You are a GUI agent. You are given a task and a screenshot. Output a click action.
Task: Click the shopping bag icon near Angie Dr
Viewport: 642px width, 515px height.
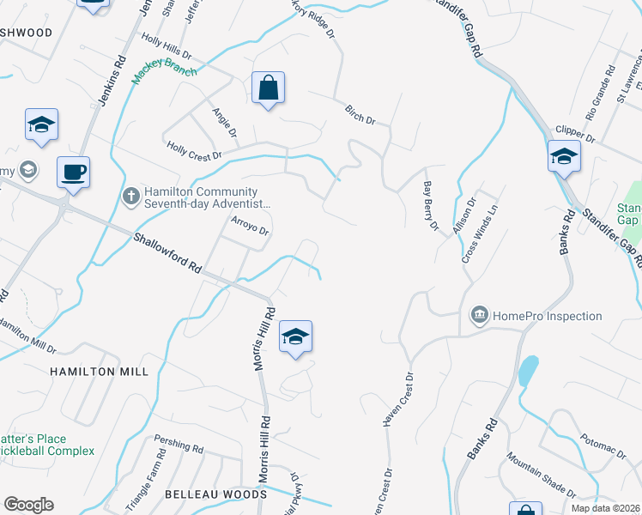pyautogui.click(x=268, y=88)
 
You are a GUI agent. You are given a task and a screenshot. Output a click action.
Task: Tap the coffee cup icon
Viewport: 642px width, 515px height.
pyautogui.click(x=73, y=172)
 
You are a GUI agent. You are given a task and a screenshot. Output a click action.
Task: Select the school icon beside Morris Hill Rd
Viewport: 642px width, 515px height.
pyautogui.click(x=294, y=336)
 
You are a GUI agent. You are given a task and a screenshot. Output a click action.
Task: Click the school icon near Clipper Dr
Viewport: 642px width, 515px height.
pyautogui.click(x=563, y=157)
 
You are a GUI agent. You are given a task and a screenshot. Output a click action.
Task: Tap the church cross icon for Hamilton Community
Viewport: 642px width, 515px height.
pyautogui.click(x=130, y=197)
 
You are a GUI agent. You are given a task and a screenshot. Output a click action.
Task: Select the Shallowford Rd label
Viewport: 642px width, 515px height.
pyautogui.click(x=167, y=253)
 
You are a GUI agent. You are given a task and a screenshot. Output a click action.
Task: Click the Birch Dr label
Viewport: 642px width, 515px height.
pyautogui.click(x=360, y=114)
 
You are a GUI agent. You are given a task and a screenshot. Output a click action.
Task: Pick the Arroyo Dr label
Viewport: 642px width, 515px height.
pyautogui.click(x=251, y=226)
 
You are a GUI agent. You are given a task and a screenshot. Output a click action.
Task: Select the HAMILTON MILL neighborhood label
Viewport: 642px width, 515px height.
pyautogui.click(x=99, y=372)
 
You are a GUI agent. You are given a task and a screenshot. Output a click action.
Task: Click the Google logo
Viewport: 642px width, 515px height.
pyautogui.click(x=28, y=505)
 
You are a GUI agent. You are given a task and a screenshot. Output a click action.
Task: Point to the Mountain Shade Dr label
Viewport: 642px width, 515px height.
pyautogui.click(x=542, y=476)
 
